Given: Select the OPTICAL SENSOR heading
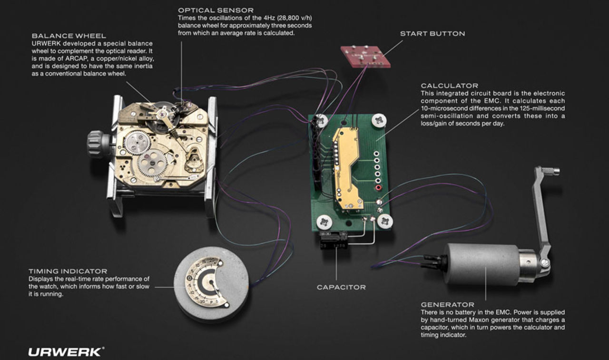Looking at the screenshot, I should click(216, 10).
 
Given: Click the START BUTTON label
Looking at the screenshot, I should click(432, 34).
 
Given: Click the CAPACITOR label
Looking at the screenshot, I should click(341, 287).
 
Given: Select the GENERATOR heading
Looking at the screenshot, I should click(447, 304).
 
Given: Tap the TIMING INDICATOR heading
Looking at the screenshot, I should click(68, 271).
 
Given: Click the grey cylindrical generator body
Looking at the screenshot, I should click(481, 264).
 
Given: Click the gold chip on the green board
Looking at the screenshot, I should click(346, 166).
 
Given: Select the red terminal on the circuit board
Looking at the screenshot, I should click(379, 188).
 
